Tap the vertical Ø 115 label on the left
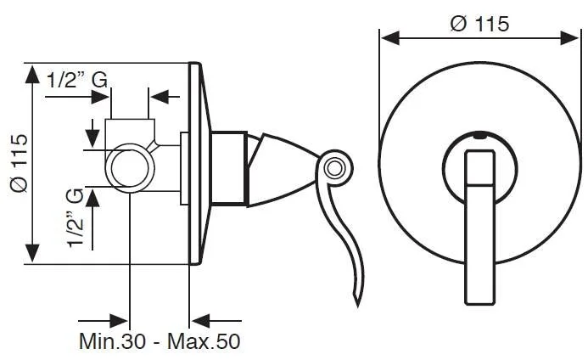tap(18, 163)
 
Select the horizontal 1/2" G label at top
tap(76, 80)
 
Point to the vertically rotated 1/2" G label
tap(77, 218)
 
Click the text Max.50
tap(207, 342)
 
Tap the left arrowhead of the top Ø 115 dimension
tap(388, 37)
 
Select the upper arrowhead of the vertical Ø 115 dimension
tap(32, 74)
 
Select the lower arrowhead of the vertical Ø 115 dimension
tap(32, 253)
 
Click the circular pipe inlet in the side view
tap(128, 165)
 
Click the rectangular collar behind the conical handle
tap(227, 168)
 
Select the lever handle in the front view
tap(480, 225)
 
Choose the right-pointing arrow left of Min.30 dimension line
tap(117, 321)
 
